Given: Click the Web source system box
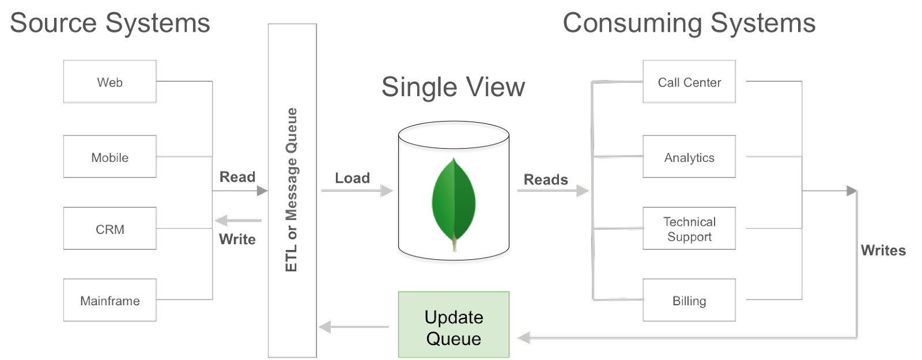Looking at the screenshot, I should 109,82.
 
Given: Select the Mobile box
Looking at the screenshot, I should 109,157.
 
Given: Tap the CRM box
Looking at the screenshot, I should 109,229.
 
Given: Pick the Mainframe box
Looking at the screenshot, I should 109,300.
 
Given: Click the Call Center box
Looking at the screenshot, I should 689,82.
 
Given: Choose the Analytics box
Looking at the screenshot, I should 689,157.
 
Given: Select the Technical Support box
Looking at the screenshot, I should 689,229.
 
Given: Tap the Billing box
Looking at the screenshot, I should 689,300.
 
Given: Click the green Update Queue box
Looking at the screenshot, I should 454,325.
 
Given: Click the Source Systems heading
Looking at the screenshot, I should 110,23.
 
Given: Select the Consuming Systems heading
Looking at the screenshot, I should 689,23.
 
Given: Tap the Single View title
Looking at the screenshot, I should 453,87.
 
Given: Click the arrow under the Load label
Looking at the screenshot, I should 357,190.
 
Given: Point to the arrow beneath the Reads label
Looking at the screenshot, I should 553,190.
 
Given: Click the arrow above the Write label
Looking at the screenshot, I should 237,220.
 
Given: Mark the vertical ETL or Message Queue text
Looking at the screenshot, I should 292,190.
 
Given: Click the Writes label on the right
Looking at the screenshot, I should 883,251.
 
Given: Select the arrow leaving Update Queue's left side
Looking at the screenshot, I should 353,327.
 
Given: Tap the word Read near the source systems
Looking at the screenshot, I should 237,177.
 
